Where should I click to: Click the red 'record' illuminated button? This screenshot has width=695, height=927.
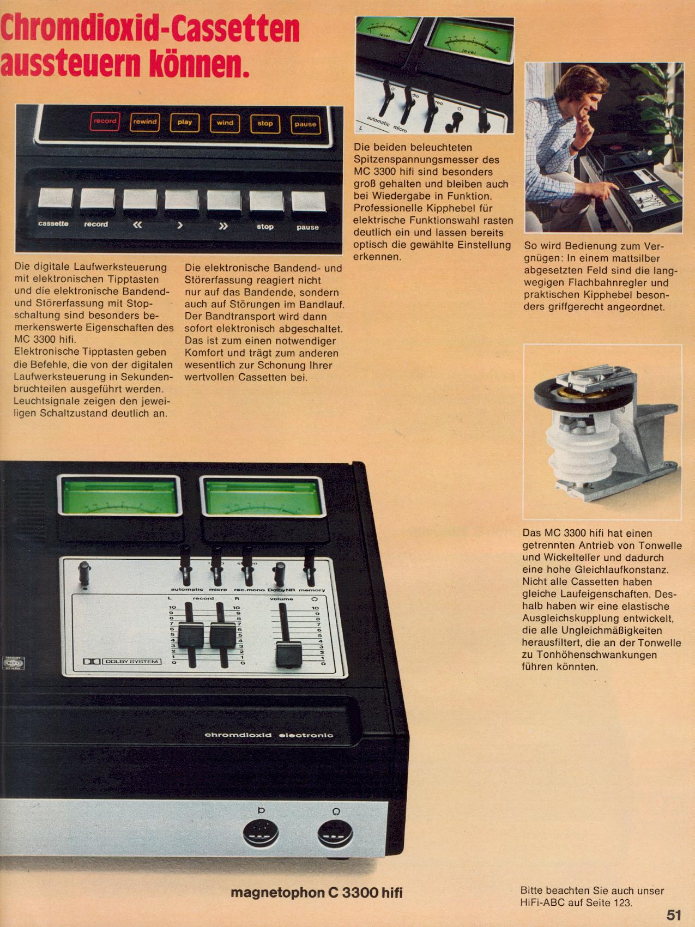coord(104,122)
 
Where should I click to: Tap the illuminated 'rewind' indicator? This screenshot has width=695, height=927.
coord(144,122)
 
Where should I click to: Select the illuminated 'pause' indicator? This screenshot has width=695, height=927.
coord(305,124)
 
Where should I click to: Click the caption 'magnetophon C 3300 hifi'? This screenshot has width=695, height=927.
coord(317,893)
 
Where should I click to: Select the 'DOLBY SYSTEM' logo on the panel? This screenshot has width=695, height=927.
coord(122,662)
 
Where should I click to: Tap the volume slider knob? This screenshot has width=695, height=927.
coord(289,654)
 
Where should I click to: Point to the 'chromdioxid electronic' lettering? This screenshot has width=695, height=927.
coord(269,735)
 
